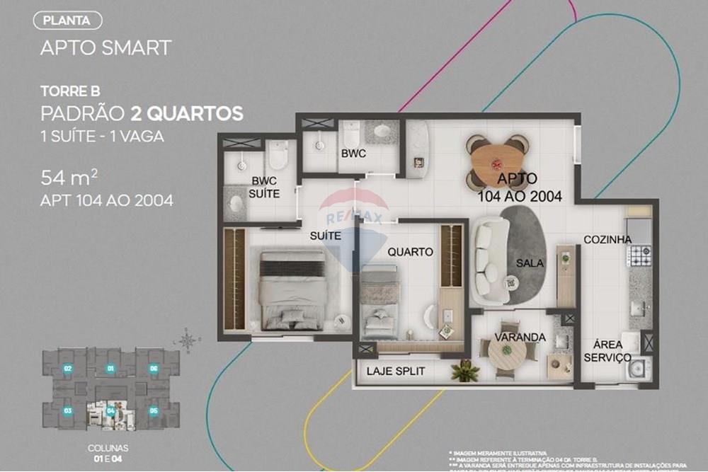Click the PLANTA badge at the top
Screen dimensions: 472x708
coord(67,21)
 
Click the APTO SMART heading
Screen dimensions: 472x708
coord(105,47)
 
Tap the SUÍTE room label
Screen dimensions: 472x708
coord(326,234)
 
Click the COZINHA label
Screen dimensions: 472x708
coord(607,240)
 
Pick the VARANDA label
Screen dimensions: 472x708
coord(520,337)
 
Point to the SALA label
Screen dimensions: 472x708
coord(530,263)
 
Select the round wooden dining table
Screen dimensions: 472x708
coord(496,160)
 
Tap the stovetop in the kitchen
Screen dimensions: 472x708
coord(641,254)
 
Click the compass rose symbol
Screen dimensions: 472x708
coord(188,340)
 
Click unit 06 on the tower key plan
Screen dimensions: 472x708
coord(153,368)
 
